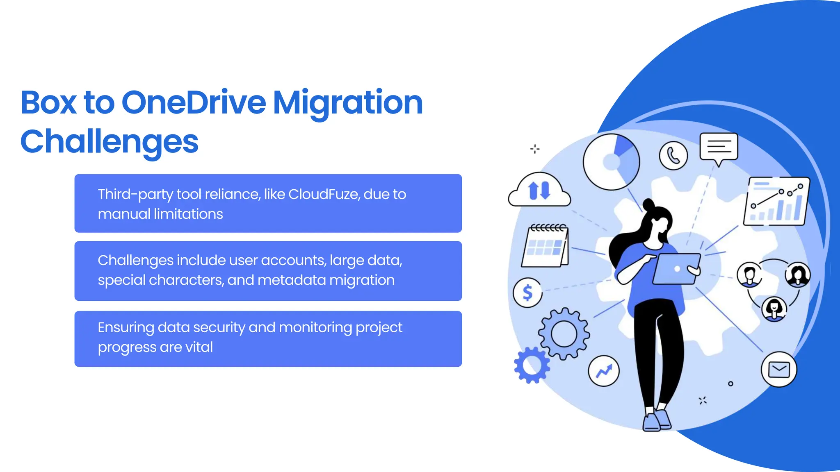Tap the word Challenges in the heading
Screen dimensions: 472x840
pyautogui.click(x=110, y=142)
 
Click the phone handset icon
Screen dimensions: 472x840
pyautogui.click(x=673, y=156)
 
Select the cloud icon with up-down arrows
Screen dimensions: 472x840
pyautogui.click(x=539, y=191)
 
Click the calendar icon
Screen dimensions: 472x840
pyautogui.click(x=545, y=246)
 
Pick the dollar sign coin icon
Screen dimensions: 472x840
pyautogui.click(x=527, y=293)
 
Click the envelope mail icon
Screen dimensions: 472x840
pyautogui.click(x=778, y=370)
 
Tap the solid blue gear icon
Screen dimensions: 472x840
pyautogui.click(x=532, y=365)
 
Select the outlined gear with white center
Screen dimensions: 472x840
pyautogui.click(x=564, y=334)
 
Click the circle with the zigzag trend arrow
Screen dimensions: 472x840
pyautogui.click(x=603, y=371)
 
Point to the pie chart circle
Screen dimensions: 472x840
pyautogui.click(x=611, y=162)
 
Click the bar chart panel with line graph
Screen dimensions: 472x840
pyautogui.click(x=776, y=201)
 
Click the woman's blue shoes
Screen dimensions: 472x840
pyautogui.click(x=656, y=420)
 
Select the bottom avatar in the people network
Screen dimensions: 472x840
pyautogui.click(x=774, y=309)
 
